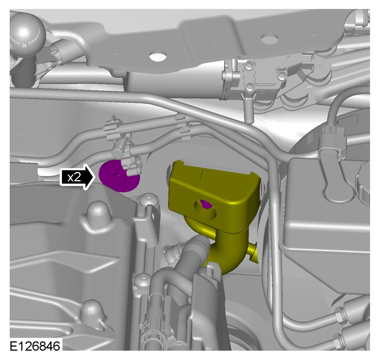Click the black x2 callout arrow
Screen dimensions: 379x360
(77, 177)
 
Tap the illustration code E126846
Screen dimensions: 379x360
(35, 346)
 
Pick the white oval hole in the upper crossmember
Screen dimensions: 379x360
(158, 57)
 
